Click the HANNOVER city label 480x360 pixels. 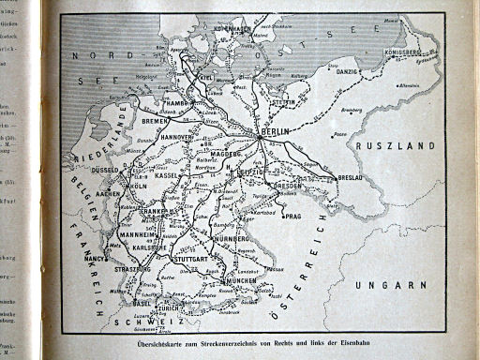(x=173, y=137)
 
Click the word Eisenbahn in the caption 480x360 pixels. (x=367, y=349)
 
